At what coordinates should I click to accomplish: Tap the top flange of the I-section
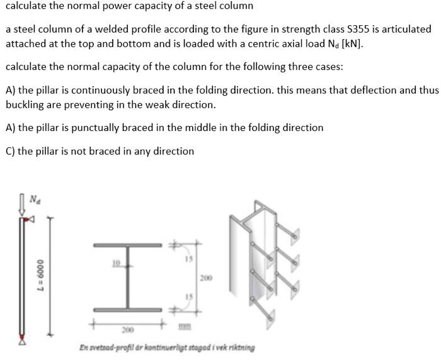134,244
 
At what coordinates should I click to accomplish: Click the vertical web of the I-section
134,277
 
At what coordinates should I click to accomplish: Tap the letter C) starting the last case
10,151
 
